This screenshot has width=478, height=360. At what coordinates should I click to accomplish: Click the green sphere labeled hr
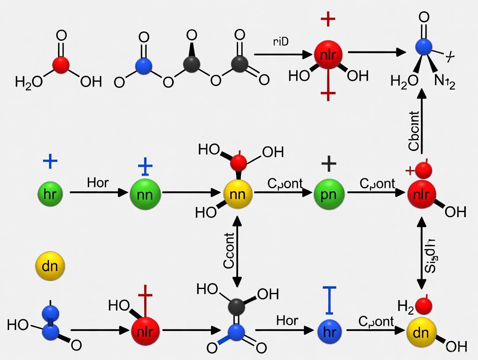[50, 193]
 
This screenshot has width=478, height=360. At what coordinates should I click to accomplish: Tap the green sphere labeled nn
[145, 193]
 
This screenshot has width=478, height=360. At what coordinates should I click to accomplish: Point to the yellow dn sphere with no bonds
[50, 266]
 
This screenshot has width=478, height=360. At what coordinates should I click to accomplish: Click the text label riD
[281, 42]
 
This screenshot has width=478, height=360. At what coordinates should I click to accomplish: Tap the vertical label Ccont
[229, 251]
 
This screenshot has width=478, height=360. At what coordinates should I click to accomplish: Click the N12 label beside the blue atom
[444, 82]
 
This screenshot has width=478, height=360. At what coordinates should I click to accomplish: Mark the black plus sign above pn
[329, 164]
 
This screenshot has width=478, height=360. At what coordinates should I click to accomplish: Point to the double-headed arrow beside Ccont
[237, 251]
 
